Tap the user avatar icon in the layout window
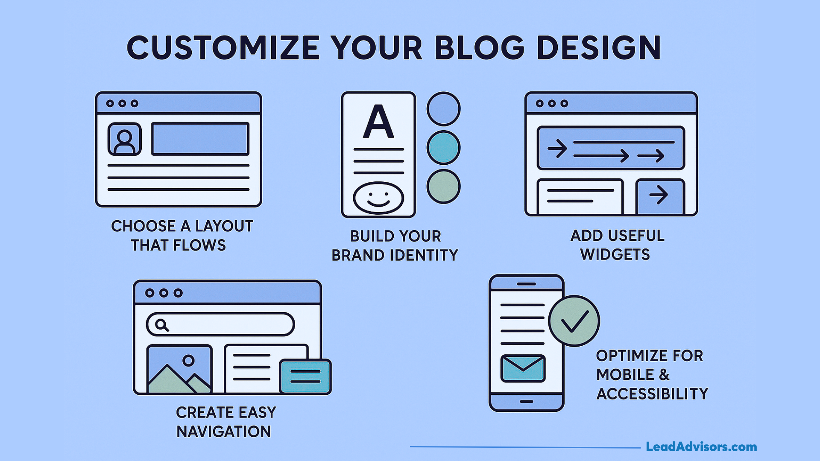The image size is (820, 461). [124, 139]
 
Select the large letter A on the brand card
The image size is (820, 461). [378, 122]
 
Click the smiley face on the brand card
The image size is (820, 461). [378, 197]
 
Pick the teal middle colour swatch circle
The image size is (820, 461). [443, 148]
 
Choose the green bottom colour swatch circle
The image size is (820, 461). [443, 187]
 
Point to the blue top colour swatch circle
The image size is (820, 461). [443, 109]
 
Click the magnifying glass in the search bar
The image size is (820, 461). [161, 325]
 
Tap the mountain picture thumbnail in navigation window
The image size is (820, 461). [179, 369]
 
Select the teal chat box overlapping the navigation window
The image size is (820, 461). [305, 376]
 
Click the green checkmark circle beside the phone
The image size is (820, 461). [574, 321]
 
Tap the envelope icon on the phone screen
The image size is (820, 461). [523, 368]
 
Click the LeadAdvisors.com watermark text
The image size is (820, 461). [701, 447]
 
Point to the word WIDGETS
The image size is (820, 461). [615, 255]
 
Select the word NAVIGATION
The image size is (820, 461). [224, 432]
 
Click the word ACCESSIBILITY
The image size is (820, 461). [652, 394]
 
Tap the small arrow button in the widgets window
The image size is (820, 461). [660, 195]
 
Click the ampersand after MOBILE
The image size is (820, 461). [664, 375]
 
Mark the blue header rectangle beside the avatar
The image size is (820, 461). [200, 139]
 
